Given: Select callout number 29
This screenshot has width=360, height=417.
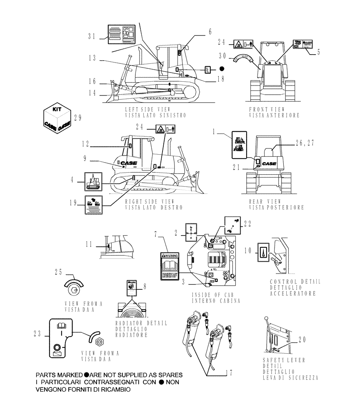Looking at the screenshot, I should pyautogui.click(x=78, y=118).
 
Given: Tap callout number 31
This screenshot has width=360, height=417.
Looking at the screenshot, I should pyautogui.click(x=92, y=36).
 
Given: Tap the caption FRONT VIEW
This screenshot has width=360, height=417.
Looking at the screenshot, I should pyautogui.click(x=263, y=109).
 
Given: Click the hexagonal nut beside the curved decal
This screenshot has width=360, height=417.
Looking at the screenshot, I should pyautogui.click(x=100, y=342).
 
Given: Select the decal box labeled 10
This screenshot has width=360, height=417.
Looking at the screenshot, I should pyautogui.click(x=262, y=252).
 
